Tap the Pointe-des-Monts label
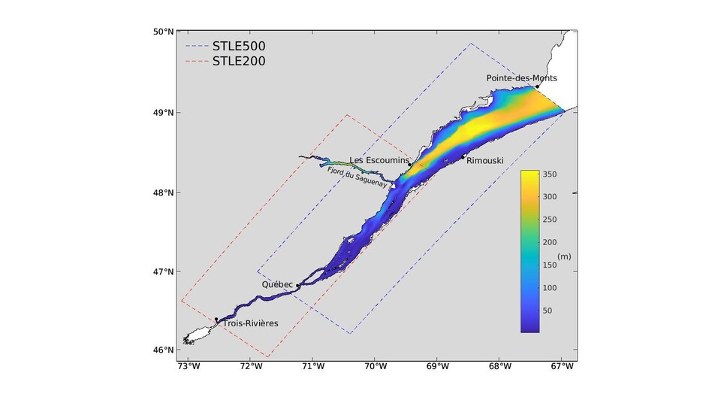pos(521,78)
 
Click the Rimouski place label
pos(484,161)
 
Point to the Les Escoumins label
pos(379,160)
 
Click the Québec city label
pos(277,285)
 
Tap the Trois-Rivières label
pos(250,323)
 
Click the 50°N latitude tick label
pos(164,32)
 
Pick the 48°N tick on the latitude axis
pos(164,192)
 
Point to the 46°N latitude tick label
pos(164,350)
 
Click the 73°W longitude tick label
pos(189,367)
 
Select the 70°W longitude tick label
pos(376,367)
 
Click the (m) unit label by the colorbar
pos(563,257)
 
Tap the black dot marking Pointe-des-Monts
pos(537,86)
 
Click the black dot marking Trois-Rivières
pos(217,320)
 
